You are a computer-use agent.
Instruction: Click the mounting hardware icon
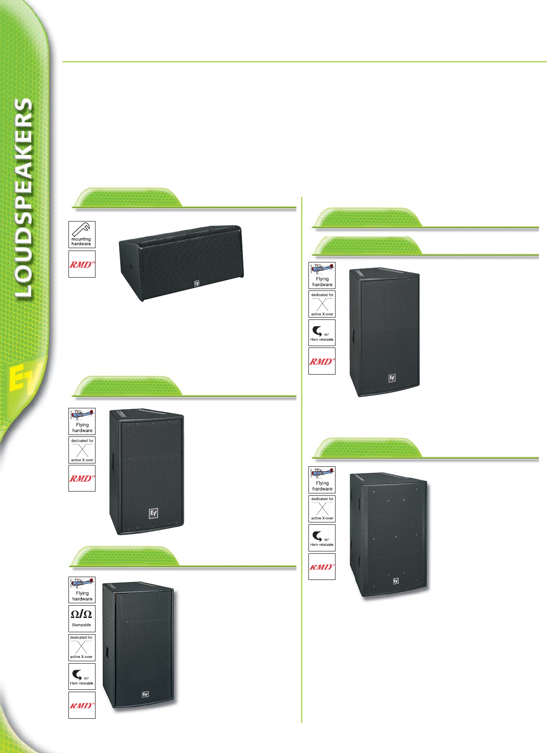coord(82,234)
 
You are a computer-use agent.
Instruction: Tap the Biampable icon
coord(82,618)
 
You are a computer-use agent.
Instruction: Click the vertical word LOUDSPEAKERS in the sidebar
coord(24,197)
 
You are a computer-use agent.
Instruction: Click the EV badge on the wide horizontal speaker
coord(196,283)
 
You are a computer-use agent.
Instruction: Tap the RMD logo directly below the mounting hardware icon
coord(82,264)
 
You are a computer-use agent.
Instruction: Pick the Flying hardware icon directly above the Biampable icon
coord(82,590)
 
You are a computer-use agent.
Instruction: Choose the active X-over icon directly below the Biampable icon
coord(82,647)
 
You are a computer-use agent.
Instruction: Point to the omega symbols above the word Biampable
coord(81,614)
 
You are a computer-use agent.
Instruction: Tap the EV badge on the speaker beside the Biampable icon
coord(145,695)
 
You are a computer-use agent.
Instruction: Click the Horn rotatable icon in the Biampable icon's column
coord(82,676)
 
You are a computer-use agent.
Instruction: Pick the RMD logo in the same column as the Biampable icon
coord(82,705)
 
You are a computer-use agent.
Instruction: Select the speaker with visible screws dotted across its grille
coord(389,534)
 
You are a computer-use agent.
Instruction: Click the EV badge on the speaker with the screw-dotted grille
coord(395,581)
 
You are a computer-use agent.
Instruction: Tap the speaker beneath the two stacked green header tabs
coord(384,331)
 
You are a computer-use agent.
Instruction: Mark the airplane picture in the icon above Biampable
coord(82,583)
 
